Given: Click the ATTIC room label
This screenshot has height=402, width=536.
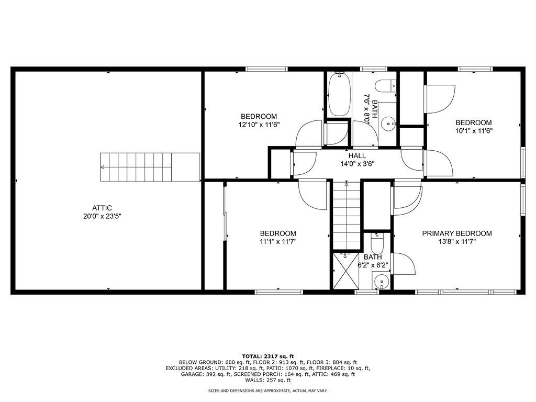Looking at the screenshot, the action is pos(102,208).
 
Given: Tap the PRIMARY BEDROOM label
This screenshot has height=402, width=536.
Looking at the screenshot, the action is pos(456,233).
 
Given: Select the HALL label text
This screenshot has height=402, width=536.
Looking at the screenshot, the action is pos(357,156).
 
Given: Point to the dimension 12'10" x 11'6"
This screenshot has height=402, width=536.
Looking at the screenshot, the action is pos(259,125).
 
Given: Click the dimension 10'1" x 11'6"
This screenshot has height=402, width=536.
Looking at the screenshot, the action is pos(473,130).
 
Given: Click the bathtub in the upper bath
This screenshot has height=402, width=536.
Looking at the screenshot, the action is pos(339,94).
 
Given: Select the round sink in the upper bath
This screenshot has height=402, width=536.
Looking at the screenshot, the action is pos(388,121).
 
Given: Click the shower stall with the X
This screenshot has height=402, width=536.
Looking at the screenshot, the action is pos(346,271).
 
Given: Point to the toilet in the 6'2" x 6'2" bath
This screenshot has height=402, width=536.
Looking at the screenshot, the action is pos(377,243).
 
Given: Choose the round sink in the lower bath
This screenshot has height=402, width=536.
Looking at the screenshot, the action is pos(381,282).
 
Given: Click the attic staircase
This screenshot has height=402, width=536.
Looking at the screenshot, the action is pos(150,167).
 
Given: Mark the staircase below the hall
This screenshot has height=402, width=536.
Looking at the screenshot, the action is pos(347,215).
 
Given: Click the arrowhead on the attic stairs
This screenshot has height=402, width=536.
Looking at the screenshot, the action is pos(102,167).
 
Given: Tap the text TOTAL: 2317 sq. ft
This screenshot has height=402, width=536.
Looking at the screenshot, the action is pos(267,356).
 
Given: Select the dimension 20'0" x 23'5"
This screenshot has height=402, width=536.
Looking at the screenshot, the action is pos(102,216).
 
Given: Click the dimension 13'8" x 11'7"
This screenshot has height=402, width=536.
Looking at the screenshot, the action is pos(457,242).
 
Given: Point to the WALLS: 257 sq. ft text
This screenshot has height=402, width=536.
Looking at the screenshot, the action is pos(267,380).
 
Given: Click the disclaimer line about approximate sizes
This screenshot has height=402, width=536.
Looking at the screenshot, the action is pos(267,390).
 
